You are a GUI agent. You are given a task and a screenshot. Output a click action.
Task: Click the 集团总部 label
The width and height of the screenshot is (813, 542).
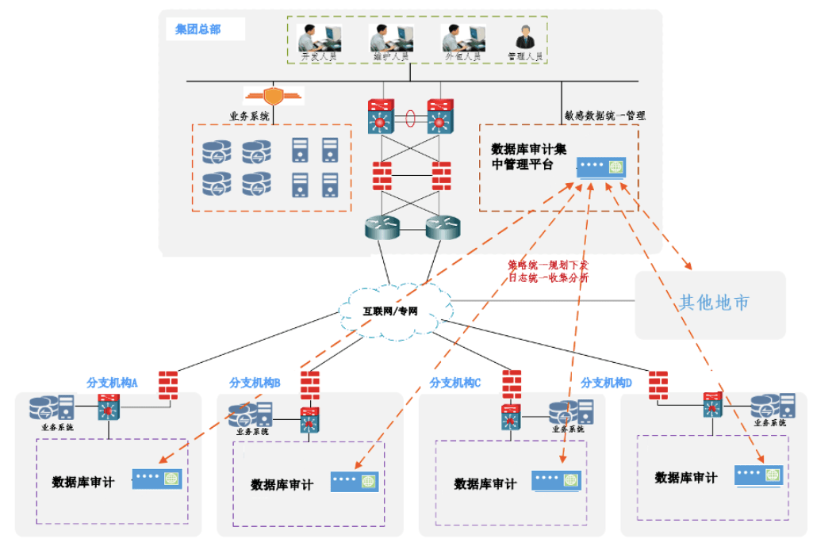click(198, 30)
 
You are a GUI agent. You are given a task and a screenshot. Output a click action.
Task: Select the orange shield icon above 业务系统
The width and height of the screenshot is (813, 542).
click(273, 96)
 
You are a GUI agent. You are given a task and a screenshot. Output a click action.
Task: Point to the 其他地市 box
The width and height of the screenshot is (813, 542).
click(713, 303)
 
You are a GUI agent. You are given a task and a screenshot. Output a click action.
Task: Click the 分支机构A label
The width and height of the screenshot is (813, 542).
click(112, 382)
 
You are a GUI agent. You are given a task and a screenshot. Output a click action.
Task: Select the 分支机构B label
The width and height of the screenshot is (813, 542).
click(255, 382)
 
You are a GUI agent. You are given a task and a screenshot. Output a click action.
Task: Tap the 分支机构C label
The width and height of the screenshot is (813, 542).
click(455, 382)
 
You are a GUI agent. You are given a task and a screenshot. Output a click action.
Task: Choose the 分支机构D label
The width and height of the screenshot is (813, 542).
click(606, 382)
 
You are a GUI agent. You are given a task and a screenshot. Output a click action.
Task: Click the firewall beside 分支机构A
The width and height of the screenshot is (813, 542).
click(167, 384)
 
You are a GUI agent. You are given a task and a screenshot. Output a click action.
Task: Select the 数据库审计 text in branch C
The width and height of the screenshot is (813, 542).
click(485, 483)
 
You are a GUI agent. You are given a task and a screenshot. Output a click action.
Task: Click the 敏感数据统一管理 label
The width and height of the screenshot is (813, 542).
click(604, 115)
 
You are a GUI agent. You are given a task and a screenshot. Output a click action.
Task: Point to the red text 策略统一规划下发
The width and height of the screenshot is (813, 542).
click(548, 265)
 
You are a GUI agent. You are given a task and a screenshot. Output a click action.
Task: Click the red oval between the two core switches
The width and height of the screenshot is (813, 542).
click(411, 120)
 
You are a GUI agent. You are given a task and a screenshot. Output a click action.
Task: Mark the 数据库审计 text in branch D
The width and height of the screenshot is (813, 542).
click(685, 478)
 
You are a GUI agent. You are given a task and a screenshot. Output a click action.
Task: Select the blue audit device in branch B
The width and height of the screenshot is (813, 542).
click(353, 480)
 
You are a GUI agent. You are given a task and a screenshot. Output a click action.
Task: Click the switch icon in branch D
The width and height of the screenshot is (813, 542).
click(712, 407)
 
